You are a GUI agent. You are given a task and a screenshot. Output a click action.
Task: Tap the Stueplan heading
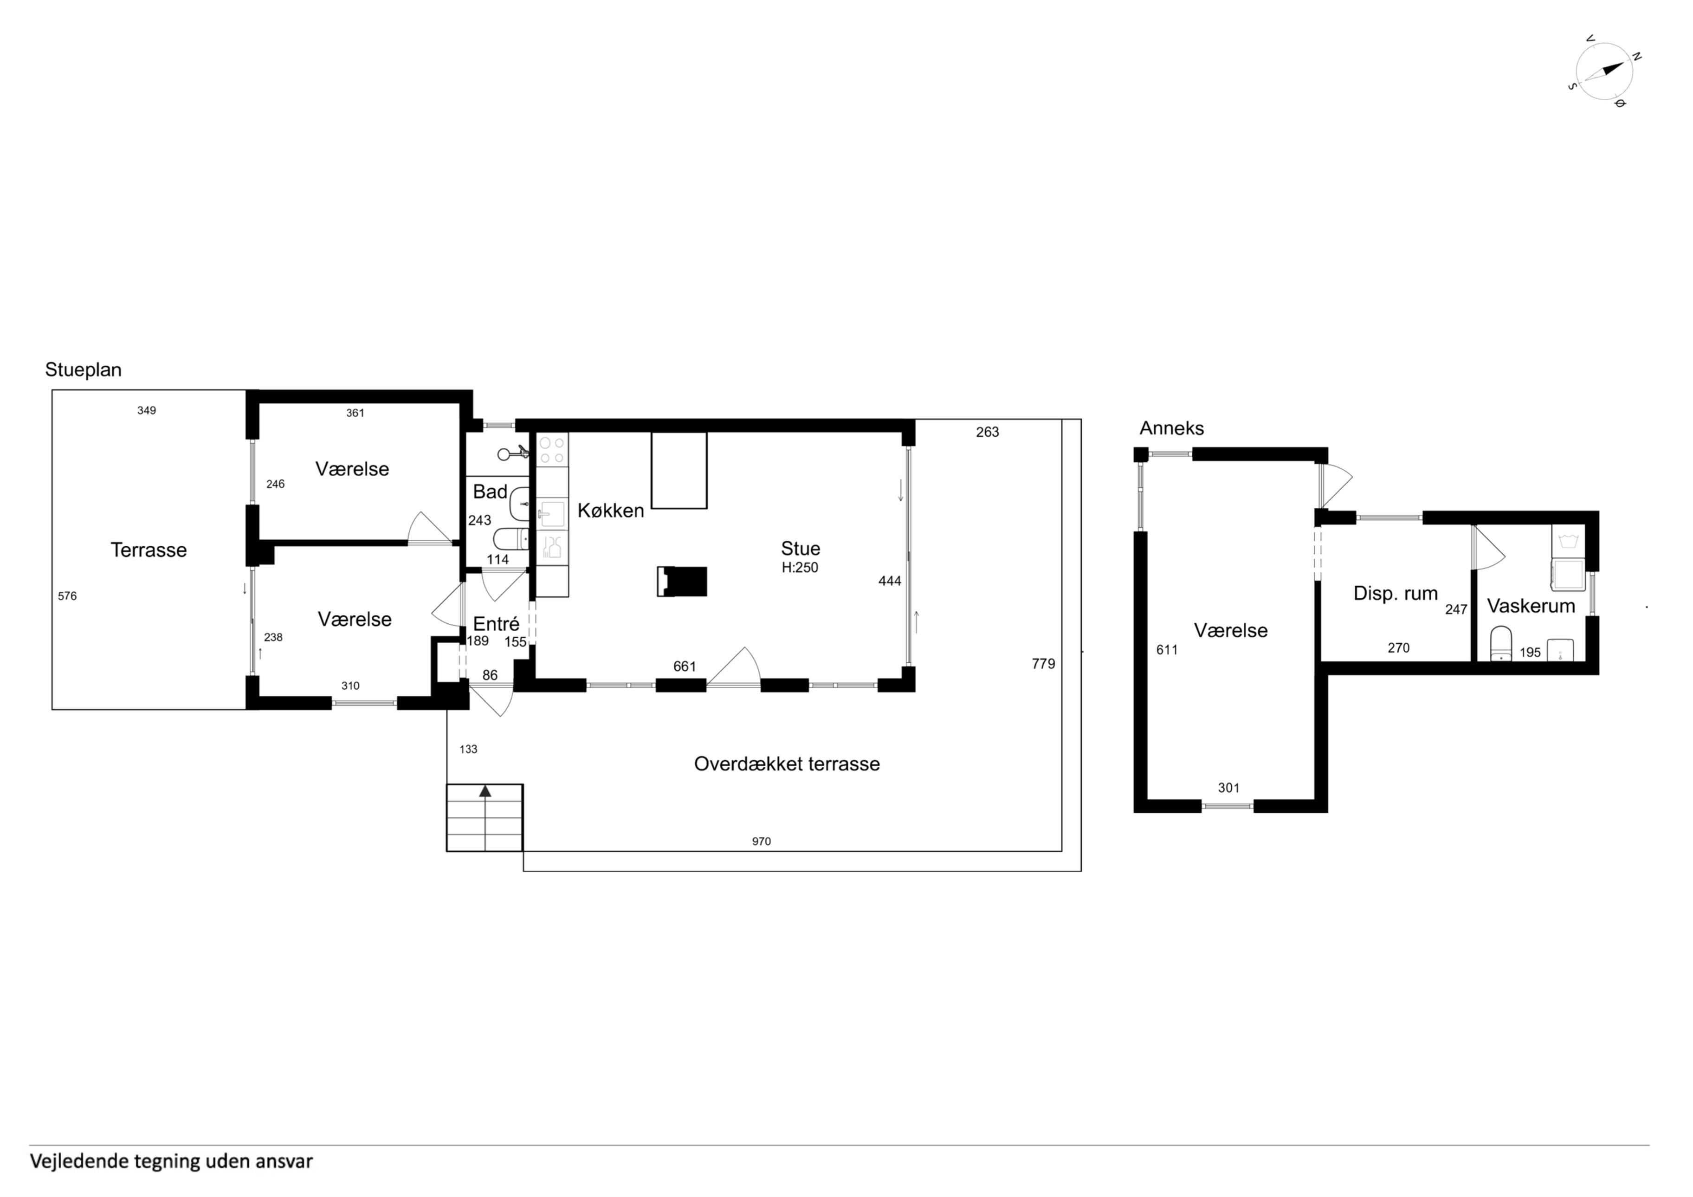84,369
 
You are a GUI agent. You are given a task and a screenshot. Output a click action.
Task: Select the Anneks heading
1172,428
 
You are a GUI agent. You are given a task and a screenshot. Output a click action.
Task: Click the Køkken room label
611,511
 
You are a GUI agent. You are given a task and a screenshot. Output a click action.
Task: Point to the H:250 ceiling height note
800,568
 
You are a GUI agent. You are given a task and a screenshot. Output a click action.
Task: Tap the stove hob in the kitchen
552,449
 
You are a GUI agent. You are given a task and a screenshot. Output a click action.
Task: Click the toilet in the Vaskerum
1500,643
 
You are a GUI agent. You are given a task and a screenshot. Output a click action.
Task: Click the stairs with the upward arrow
485,817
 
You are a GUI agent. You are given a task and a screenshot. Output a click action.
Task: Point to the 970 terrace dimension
761,841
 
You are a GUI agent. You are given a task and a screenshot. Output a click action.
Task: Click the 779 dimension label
1043,664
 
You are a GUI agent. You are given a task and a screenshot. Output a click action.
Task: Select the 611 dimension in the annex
1167,650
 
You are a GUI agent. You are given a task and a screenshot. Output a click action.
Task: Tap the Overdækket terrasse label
787,763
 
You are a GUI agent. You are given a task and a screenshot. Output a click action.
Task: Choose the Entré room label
496,624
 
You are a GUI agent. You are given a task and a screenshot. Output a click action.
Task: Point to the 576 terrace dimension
67,596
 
